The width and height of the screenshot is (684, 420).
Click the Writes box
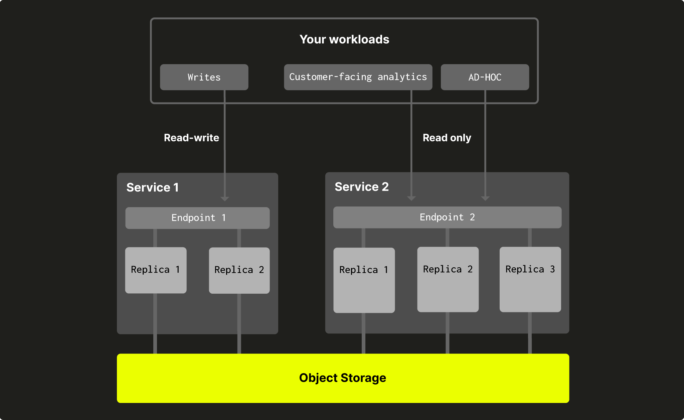[x=204, y=77]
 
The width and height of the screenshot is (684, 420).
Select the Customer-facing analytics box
[x=358, y=77]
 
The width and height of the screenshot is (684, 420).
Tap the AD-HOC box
[x=485, y=77]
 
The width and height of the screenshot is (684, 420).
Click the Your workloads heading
[x=344, y=39]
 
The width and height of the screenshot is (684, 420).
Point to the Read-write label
[x=191, y=138]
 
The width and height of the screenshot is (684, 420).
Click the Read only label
[x=447, y=138]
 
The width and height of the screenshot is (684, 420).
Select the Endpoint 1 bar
[x=197, y=218]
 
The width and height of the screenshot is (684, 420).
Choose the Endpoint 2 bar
[x=447, y=217]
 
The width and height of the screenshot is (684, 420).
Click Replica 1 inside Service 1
[x=156, y=270]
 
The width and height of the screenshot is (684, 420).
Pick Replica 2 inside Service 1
[x=239, y=270]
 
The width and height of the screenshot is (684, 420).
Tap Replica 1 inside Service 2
[x=364, y=280]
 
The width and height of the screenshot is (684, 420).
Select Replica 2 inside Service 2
[x=448, y=279]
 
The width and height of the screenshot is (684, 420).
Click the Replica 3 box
[x=530, y=279]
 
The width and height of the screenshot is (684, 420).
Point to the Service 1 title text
[x=152, y=187]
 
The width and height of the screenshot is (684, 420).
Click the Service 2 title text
[x=361, y=187]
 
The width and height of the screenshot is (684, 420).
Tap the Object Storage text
[x=342, y=378]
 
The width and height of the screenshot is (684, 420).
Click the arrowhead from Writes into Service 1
[x=225, y=199]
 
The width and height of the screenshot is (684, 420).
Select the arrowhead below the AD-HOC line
[x=485, y=198]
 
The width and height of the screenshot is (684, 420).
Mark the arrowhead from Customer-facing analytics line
[x=411, y=198]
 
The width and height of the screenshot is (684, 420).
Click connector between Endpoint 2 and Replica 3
[x=530, y=238]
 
